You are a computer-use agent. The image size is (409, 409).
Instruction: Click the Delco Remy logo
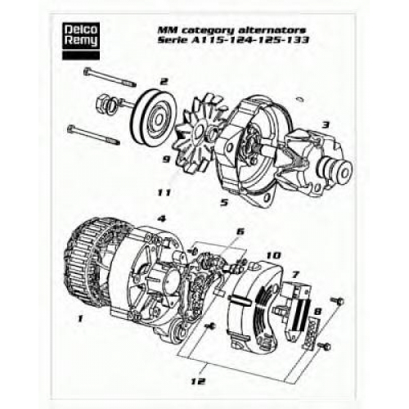coord(81,42)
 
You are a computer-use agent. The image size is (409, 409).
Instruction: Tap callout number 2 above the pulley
coord(164,81)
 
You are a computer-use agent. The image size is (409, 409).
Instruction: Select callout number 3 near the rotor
coord(326,125)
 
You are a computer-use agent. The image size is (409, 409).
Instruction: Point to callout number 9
coord(166,160)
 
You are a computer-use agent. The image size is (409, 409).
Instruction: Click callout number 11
coord(164,193)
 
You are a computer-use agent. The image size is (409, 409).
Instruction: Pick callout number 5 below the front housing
coord(224,202)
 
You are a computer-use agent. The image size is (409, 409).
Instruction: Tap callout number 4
coord(162,219)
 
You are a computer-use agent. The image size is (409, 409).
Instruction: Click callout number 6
coord(240,231)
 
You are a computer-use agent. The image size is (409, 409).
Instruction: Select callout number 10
coord(273,255)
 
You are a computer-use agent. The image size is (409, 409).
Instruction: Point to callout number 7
coord(295,275)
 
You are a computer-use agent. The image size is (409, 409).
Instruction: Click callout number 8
coord(318,311)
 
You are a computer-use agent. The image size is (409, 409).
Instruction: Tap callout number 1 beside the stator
coord(80,318)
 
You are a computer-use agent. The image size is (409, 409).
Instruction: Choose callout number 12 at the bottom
coord(198,381)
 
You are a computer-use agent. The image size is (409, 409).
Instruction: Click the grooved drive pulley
coord(155,117)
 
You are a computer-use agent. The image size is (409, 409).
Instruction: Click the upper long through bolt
coord(110,78)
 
